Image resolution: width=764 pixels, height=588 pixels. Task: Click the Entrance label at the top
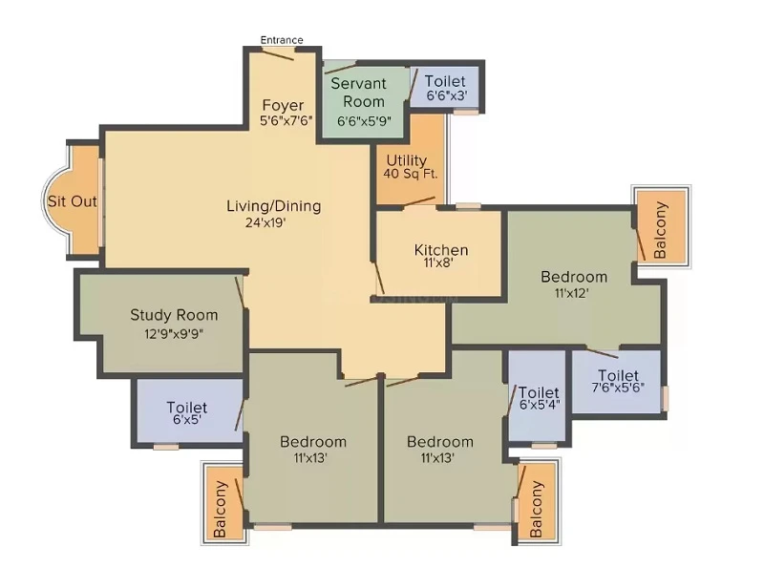[x=282, y=40]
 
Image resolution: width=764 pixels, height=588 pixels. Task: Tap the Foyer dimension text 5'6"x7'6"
[x=286, y=121]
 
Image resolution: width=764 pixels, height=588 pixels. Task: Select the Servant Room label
[x=359, y=92]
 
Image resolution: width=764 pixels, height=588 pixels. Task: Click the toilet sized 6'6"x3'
[x=445, y=88]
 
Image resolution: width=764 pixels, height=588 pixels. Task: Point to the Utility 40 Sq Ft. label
[x=411, y=167]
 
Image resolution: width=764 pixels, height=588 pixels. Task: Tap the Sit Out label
[x=73, y=201]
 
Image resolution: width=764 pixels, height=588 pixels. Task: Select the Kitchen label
[x=441, y=250]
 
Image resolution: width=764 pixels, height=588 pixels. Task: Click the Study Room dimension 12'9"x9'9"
[x=174, y=334]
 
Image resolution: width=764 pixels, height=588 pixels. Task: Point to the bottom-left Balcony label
[x=221, y=509]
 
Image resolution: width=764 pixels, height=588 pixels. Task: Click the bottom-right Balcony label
[x=536, y=509]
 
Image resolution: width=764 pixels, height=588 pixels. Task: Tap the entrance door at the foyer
[x=277, y=54]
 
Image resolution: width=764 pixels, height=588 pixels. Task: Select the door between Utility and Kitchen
[x=419, y=201]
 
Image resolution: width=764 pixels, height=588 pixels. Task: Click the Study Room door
[x=240, y=292]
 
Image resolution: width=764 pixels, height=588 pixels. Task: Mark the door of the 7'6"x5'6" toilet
[x=603, y=352]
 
